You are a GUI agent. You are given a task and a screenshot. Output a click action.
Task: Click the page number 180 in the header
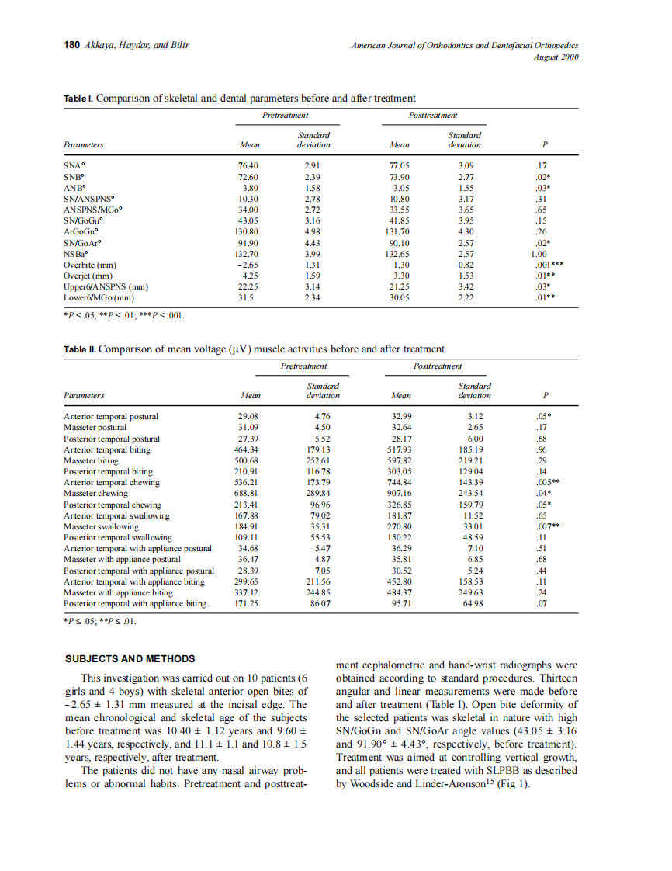pos(71,45)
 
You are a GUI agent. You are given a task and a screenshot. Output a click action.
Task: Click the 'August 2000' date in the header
pos(556,57)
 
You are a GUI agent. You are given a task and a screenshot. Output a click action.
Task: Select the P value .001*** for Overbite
pos(547,265)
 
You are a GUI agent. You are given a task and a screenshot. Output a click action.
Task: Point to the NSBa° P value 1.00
pos(539,254)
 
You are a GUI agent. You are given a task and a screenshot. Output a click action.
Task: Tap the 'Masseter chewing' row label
pos(95,494)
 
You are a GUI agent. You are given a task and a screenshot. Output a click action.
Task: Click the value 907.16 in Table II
pos(402,494)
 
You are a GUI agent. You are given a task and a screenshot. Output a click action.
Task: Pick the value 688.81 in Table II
pos(247,494)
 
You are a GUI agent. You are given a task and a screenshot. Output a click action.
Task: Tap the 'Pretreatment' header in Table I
pos(285,115)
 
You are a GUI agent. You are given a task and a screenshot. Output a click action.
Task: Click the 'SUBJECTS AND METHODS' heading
pos(129,658)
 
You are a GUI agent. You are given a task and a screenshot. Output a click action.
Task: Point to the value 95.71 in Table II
pos(402,603)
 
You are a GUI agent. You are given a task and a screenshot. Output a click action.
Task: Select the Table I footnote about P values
pos(123,315)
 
